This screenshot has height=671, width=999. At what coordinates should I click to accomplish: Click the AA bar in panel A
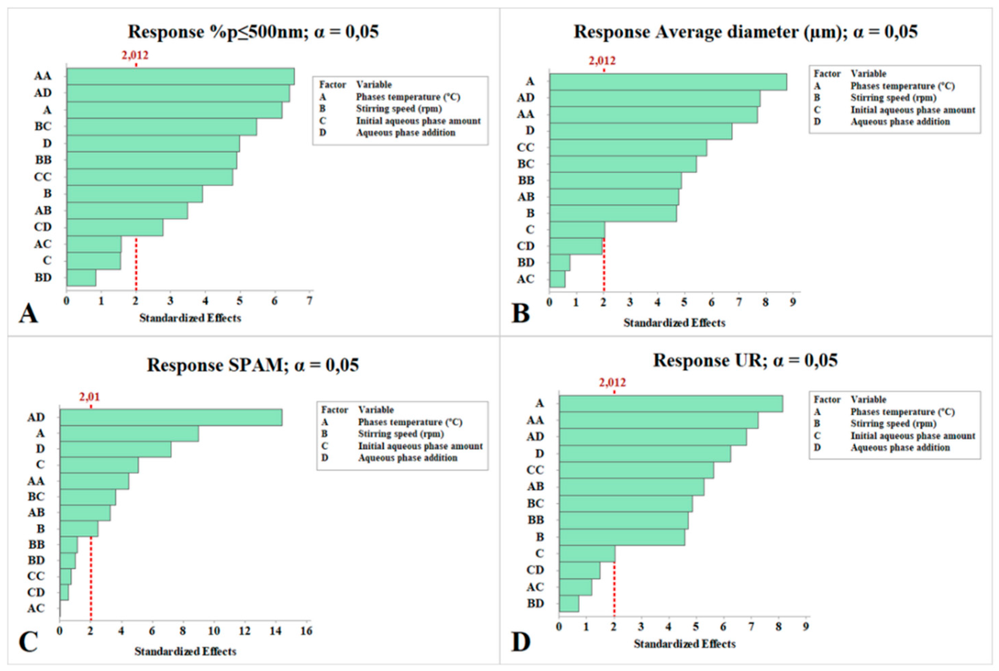(180, 76)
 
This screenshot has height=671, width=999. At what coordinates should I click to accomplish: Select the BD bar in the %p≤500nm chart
(81, 278)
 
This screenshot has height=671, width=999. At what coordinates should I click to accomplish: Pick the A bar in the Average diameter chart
(668, 82)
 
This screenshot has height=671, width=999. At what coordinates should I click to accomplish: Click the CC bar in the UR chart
(636, 470)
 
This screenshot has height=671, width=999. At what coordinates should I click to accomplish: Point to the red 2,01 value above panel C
(89, 397)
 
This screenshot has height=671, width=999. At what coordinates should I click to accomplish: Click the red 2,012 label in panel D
(613, 382)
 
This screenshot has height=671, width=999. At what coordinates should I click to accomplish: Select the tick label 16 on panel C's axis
(306, 631)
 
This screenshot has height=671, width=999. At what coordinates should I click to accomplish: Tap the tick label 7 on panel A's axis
(309, 301)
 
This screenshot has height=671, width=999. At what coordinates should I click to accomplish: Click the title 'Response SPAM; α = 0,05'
(253, 365)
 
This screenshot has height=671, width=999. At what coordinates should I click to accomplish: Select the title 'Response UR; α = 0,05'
(745, 360)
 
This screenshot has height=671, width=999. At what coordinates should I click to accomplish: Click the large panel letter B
(520, 313)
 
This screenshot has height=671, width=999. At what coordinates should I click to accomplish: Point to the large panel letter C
(28, 642)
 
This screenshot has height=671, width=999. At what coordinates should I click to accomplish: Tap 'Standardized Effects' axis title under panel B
(674, 323)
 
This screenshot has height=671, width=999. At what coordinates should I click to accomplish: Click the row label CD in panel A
(43, 227)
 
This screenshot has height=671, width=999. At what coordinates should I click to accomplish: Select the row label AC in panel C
(36, 608)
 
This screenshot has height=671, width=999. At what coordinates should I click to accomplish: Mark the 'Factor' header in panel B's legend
(827, 74)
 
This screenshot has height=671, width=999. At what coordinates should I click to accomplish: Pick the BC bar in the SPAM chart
(88, 497)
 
